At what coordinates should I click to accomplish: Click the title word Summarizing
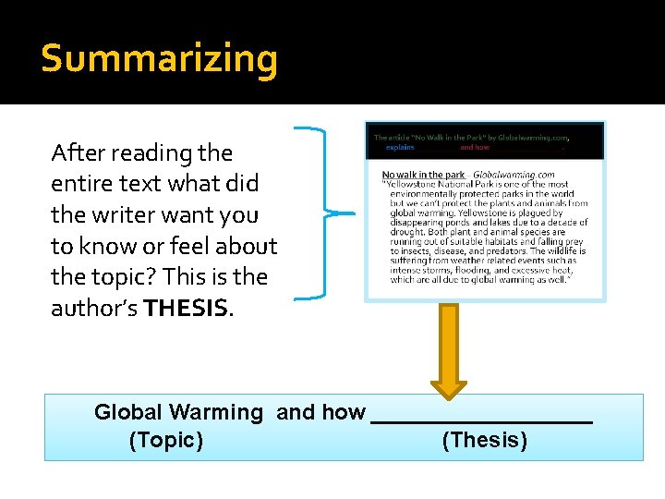click(x=159, y=59)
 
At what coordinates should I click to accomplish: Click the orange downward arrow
click(x=449, y=347)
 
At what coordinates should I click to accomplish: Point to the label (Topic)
click(x=166, y=440)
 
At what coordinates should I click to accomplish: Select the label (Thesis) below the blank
click(x=485, y=440)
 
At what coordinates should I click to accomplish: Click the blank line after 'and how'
click(x=480, y=416)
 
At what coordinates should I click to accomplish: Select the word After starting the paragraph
click(x=78, y=152)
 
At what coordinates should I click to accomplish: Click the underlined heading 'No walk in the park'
click(x=423, y=175)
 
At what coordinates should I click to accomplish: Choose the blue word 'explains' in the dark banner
click(x=400, y=148)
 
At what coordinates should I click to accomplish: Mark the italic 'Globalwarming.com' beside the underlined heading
click(x=514, y=175)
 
